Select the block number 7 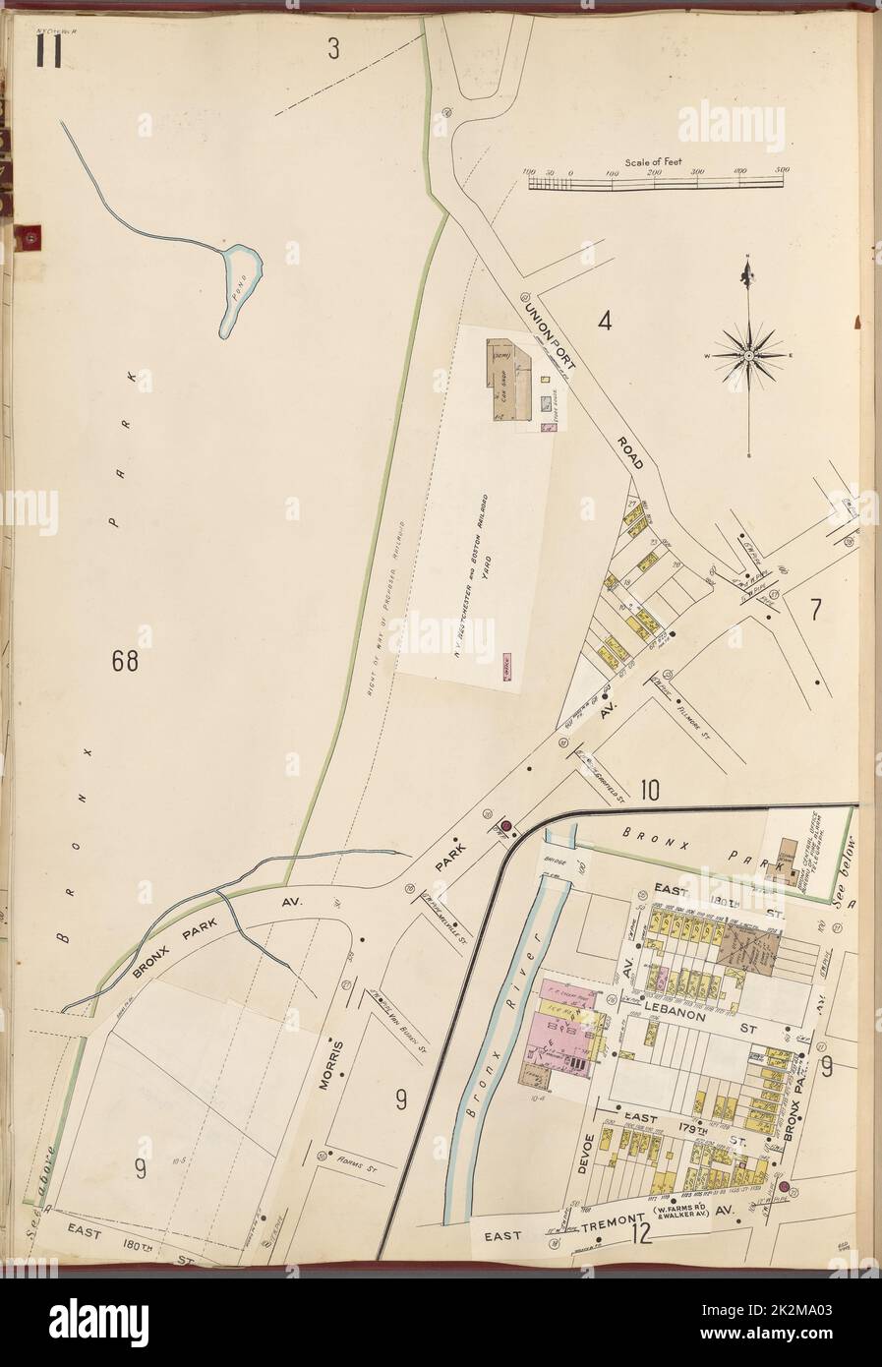814,611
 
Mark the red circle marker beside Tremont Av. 784,1187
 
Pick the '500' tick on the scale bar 783,172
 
